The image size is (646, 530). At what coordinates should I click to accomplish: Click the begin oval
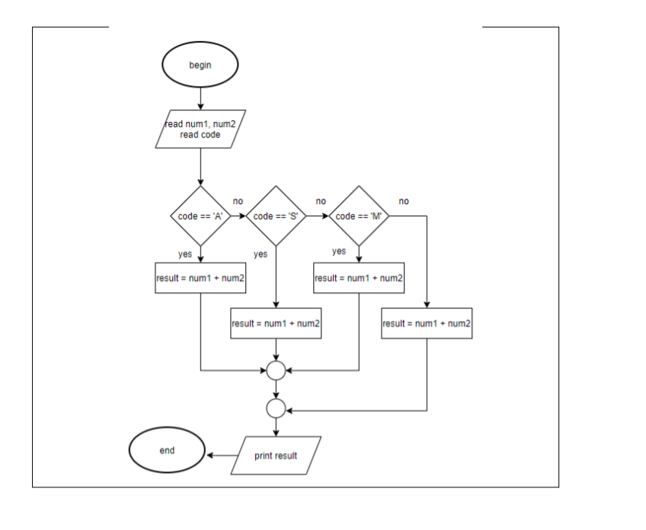tap(200, 65)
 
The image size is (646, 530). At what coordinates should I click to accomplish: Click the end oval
tap(167, 451)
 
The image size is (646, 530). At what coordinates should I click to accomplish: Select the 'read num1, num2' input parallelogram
tap(200, 129)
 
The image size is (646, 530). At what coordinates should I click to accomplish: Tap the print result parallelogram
tap(276, 455)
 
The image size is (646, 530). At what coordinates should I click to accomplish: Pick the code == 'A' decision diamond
tap(200, 216)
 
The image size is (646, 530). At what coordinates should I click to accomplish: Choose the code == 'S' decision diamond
tap(275, 216)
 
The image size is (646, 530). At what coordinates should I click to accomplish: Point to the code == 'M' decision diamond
tap(359, 216)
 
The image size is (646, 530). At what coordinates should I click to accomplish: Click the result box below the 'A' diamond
tap(200, 278)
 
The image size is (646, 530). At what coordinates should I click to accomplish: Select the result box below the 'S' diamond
tap(276, 324)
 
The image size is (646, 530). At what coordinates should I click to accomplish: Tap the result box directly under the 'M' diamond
tap(359, 278)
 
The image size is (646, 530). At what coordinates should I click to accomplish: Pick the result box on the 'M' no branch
tap(427, 324)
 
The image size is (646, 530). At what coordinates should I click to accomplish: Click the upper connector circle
tap(276, 371)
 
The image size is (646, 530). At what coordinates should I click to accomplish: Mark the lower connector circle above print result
tap(276, 409)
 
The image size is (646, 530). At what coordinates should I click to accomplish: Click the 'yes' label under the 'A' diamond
tap(185, 254)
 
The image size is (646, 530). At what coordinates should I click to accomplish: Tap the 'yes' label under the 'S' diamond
tap(261, 254)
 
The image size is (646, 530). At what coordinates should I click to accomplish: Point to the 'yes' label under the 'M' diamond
tap(339, 251)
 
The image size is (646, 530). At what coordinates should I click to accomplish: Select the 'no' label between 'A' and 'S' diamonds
tap(238, 201)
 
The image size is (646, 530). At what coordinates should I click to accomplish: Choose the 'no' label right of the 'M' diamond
tap(403, 201)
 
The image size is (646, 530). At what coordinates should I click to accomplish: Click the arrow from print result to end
tap(221, 455)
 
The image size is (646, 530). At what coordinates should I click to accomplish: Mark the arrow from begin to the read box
tap(200, 97)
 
